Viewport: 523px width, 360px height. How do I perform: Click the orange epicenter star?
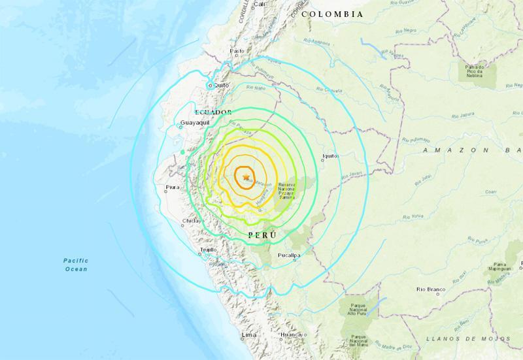coord(246,177)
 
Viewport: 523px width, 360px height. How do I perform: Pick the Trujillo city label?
coord(207,249)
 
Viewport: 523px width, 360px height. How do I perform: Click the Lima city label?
coord(248,335)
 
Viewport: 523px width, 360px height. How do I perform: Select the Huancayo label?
coord(292,335)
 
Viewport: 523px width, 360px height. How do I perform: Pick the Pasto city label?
coord(236,50)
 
